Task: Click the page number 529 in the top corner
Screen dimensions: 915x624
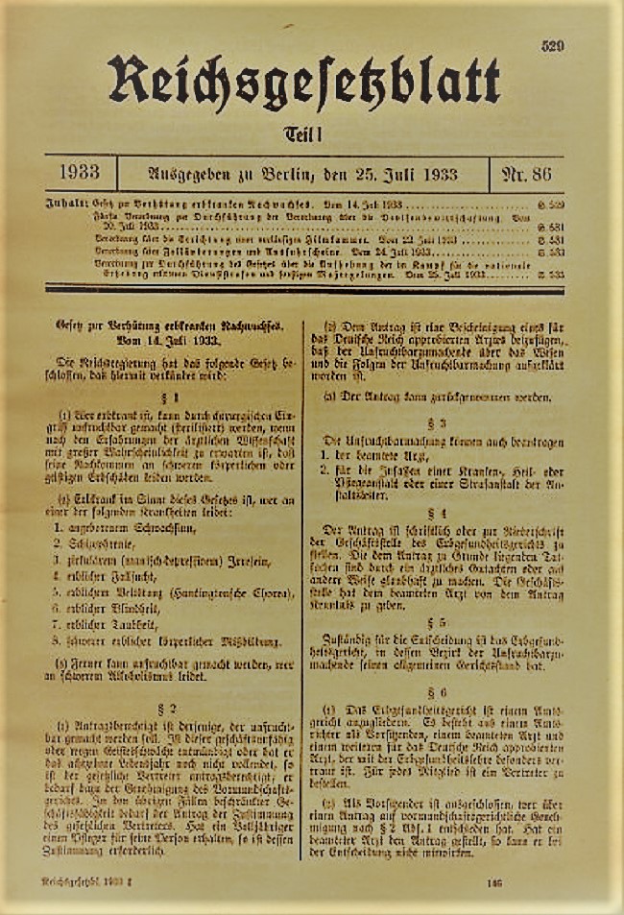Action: click(x=552, y=45)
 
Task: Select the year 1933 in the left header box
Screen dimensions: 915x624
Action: click(x=82, y=175)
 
